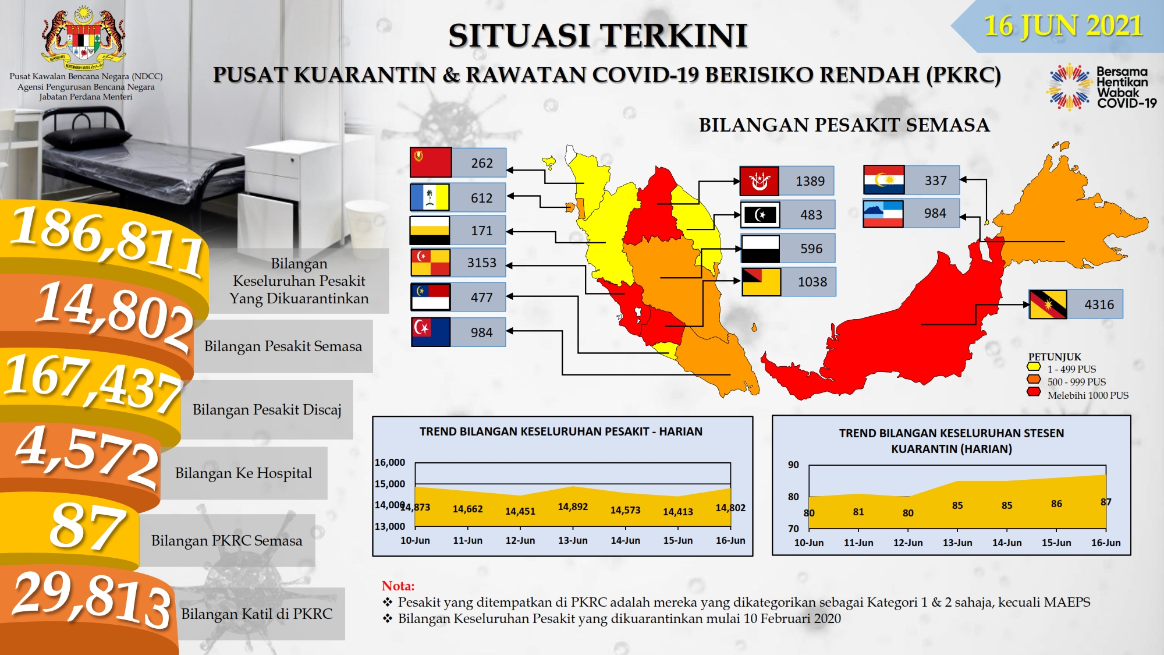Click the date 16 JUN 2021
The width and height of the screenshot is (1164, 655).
(x=1063, y=26)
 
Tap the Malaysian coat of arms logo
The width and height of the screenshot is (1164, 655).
(x=84, y=36)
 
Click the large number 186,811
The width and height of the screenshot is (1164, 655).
(x=108, y=241)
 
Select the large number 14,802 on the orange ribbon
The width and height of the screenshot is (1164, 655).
(x=115, y=315)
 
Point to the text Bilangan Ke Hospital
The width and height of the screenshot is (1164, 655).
(x=243, y=473)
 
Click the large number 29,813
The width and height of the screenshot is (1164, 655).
(x=92, y=600)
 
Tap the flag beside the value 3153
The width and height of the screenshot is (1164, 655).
(x=430, y=263)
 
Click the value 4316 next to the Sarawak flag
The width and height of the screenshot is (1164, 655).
(x=1099, y=305)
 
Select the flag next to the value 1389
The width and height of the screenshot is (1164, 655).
(x=759, y=181)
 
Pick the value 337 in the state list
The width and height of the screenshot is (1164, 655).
(x=935, y=180)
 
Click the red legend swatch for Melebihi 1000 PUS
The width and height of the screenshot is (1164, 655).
(x=1034, y=392)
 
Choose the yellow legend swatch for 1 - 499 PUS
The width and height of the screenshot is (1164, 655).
(x=1034, y=367)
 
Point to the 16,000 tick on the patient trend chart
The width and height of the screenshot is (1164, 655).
(x=389, y=462)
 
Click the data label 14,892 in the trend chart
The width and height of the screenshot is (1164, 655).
(x=573, y=507)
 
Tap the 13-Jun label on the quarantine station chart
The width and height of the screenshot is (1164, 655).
(x=957, y=543)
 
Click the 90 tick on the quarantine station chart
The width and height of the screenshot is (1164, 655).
(x=793, y=465)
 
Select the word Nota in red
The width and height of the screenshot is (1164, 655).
(x=398, y=586)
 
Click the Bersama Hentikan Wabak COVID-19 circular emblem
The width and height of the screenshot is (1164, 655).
(x=1069, y=87)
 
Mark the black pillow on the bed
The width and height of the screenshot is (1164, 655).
(x=100, y=138)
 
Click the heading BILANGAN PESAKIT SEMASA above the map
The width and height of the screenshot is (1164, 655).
(x=844, y=125)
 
